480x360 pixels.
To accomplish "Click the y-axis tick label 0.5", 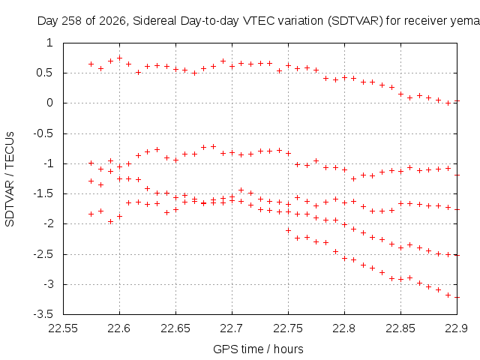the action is (44, 73).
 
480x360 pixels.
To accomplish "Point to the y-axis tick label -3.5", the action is (43, 314).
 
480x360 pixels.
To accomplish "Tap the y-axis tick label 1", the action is (49, 43).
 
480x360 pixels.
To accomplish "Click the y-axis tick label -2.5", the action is (43, 254).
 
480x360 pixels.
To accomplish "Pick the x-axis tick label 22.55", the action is (63, 328).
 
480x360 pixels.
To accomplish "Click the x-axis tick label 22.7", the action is (232, 328).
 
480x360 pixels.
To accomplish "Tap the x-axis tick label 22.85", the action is (400, 328).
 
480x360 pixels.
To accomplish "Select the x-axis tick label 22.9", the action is (457, 328).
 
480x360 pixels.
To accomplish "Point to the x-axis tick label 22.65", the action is (175, 328).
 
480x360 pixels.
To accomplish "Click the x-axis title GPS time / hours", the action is (258, 349).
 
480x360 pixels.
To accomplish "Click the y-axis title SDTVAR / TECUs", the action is (10, 179).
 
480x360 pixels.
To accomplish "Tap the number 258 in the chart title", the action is (72, 21).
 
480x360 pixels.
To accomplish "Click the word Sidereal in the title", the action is (154, 21).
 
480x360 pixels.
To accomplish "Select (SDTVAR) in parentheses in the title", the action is (355, 21).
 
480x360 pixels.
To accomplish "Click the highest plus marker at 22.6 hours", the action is (120, 58).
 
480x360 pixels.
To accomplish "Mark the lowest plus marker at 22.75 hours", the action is (288, 230).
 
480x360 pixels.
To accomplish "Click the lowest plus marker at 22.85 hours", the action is (400, 279).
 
